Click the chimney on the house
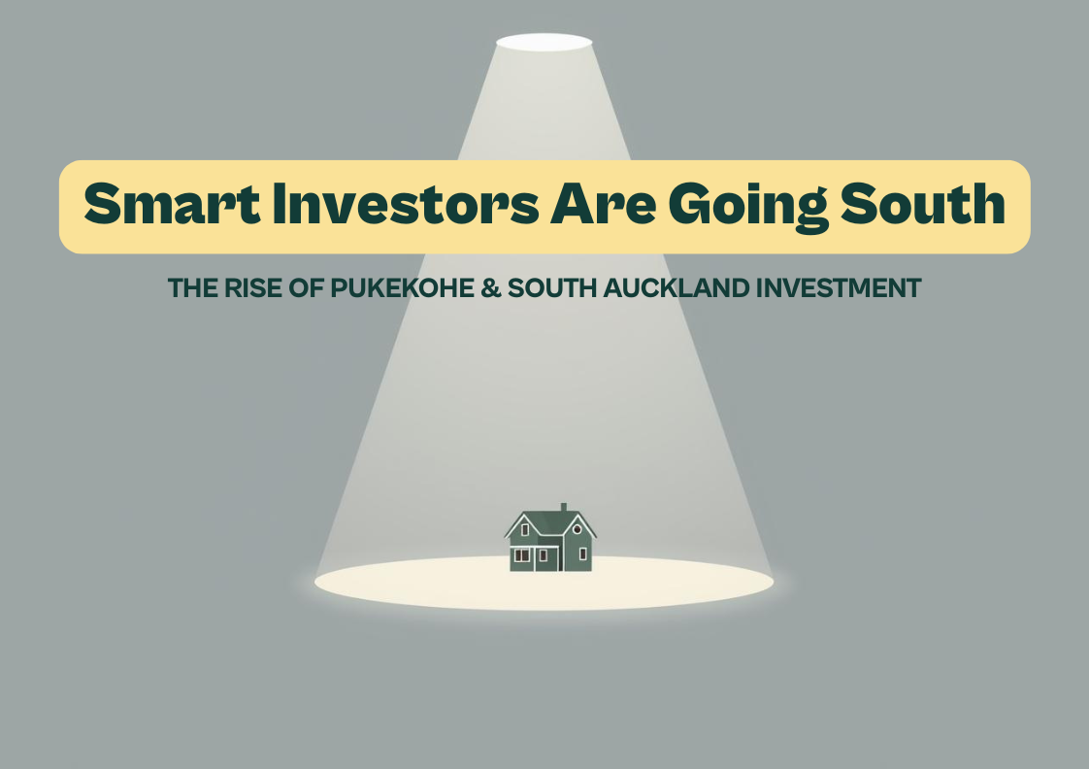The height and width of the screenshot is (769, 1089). click(563, 508)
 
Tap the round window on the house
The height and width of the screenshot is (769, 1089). click(577, 529)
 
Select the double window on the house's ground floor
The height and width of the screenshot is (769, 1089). click(522, 555)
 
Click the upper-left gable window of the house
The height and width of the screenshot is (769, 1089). click(525, 529)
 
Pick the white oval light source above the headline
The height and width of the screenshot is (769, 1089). click(544, 42)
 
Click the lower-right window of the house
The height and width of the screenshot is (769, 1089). click(582, 554)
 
